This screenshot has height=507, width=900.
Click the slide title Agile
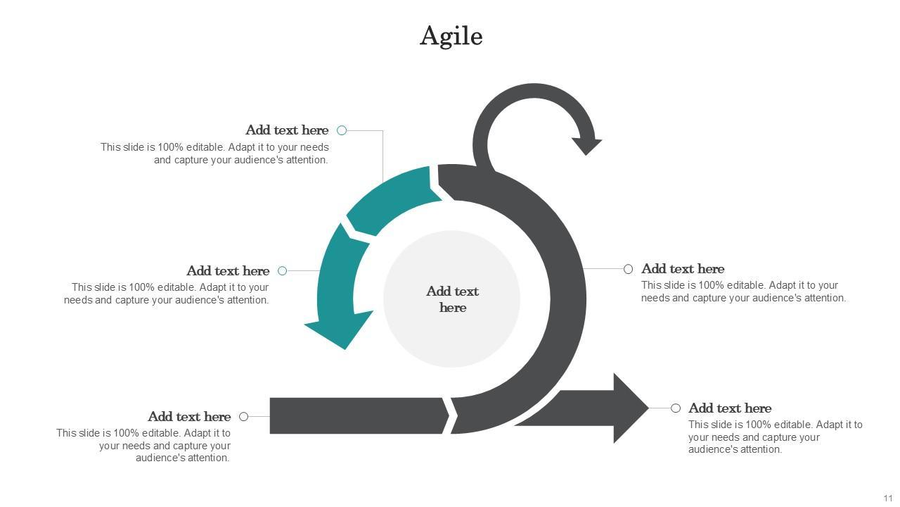pyautogui.click(x=451, y=36)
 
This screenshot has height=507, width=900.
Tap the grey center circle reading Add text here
pyautogui.click(x=451, y=299)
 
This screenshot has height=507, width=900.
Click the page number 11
pyautogui.click(x=888, y=498)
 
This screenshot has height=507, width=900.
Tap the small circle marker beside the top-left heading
pyautogui.click(x=342, y=130)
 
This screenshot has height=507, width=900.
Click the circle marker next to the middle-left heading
pyautogui.click(x=283, y=270)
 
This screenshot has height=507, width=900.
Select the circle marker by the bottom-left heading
pyautogui.click(x=244, y=416)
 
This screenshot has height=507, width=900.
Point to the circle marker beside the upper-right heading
pyautogui.click(x=629, y=269)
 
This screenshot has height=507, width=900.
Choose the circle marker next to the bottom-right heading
pyautogui.click(x=676, y=408)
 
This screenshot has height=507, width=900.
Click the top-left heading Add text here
pyautogui.click(x=287, y=130)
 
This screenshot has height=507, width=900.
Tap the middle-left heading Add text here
pyautogui.click(x=228, y=271)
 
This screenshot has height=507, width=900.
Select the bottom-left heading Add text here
pyautogui.click(x=189, y=417)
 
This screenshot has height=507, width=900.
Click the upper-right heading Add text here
pyautogui.click(x=683, y=269)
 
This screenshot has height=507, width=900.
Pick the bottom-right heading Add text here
pyautogui.click(x=730, y=408)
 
